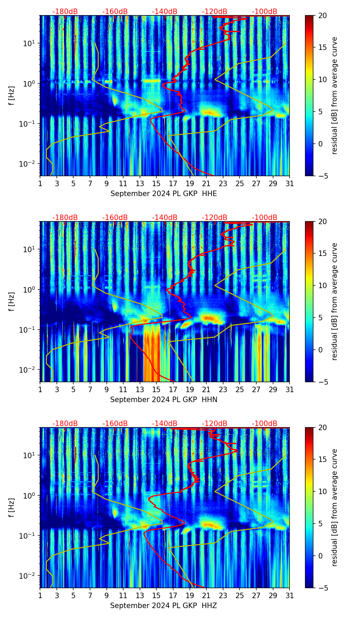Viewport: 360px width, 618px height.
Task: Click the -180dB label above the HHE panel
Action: coord(65,12)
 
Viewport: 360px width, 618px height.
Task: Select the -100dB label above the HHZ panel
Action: coord(265,424)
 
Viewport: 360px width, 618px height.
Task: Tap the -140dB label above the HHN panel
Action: coord(165,218)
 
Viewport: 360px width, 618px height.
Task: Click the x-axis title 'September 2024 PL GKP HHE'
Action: coord(164,194)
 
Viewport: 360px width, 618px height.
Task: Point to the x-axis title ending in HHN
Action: coord(164,400)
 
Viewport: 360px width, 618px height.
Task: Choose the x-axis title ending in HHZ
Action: coord(164,606)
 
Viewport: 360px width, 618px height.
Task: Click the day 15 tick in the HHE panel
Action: coord(156,183)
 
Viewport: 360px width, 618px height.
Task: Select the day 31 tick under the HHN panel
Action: coord(290,389)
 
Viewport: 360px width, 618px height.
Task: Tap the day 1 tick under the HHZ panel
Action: coord(40,595)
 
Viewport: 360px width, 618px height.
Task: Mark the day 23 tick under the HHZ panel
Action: coord(223,595)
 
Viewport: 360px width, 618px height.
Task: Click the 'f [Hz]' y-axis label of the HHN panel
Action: coord(12,301)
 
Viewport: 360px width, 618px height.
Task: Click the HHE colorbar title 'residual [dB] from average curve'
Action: coord(335,95)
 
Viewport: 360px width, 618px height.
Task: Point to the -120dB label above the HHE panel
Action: coord(215,12)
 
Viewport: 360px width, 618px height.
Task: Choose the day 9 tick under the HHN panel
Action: coord(107,389)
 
